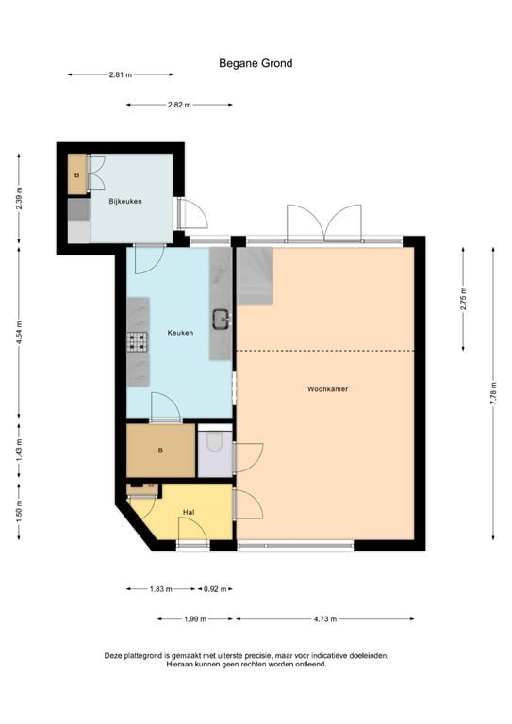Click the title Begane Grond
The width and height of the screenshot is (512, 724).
256,63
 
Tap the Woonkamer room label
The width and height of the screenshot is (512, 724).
326,388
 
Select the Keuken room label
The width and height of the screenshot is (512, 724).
180,332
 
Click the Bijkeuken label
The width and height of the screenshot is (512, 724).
125,201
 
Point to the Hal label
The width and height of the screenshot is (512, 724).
189,512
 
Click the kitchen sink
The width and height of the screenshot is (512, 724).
222,319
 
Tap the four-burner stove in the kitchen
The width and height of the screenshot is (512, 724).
138,341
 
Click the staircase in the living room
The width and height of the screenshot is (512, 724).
253,275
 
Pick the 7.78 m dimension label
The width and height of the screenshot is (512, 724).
492,390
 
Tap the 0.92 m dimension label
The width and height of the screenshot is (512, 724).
215,589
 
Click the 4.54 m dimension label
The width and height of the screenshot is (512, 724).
19,334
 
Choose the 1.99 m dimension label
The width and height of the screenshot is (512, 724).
195,619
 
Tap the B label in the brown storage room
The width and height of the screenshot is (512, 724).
160,451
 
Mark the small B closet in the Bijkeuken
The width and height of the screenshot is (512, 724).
76,175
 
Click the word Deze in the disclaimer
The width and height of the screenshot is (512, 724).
115,655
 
